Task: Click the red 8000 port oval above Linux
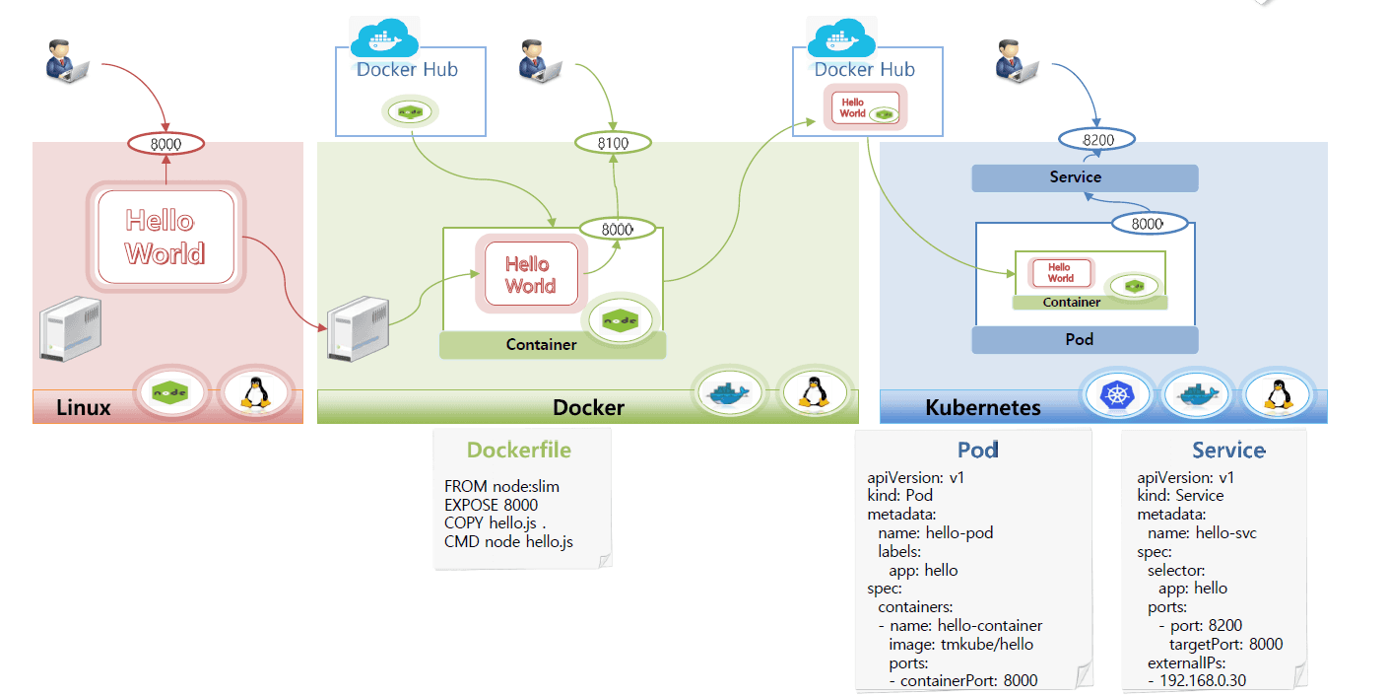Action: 165,144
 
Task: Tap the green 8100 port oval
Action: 614,144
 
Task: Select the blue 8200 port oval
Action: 1096,140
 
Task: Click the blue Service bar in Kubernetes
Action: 1085,177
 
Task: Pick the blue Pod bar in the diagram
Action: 1085,339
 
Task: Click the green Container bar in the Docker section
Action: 553,344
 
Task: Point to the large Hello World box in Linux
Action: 165,237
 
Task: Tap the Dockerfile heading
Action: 518,450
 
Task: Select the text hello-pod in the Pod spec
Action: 958,532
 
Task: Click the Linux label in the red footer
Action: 83,407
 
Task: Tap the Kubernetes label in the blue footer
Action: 982,407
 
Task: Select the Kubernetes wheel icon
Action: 1116,395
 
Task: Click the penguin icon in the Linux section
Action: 256,392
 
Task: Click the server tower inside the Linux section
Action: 69,332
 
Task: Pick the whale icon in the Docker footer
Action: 730,392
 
